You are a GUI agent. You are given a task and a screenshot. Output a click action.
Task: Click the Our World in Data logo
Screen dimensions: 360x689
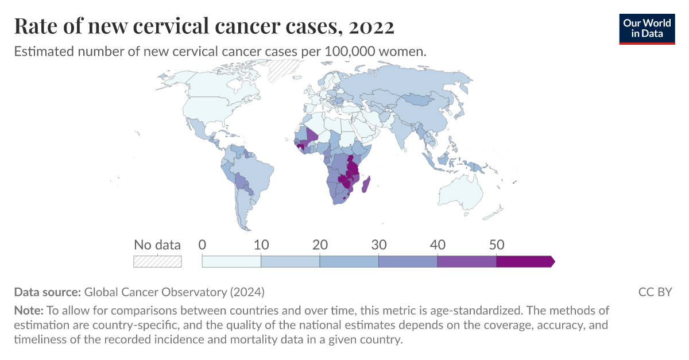coord(647,28)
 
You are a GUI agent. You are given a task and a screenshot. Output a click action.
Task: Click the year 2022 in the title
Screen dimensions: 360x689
coord(366,26)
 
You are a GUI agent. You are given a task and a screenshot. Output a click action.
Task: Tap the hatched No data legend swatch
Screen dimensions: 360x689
coord(157,261)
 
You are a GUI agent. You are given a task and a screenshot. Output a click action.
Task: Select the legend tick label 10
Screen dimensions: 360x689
coord(261,245)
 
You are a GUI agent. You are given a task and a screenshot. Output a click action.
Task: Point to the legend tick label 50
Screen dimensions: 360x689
coord(496,245)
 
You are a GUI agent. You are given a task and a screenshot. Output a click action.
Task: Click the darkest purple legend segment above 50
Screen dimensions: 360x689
coord(524,261)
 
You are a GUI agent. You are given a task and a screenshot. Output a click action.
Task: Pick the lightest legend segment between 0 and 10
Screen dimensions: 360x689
coord(232,261)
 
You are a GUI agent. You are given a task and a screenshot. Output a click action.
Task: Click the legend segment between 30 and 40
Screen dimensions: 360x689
coord(408,261)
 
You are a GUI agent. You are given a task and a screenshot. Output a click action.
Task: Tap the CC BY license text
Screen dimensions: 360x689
coord(655,292)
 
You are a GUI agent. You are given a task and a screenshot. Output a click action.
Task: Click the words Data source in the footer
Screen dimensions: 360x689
coord(48,292)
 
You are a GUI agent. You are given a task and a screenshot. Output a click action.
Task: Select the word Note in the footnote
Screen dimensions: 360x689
coord(28,311)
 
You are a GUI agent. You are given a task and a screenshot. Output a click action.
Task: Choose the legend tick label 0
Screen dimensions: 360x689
coord(202,245)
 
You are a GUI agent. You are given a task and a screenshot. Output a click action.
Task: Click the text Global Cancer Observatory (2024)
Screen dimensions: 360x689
coord(174,292)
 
